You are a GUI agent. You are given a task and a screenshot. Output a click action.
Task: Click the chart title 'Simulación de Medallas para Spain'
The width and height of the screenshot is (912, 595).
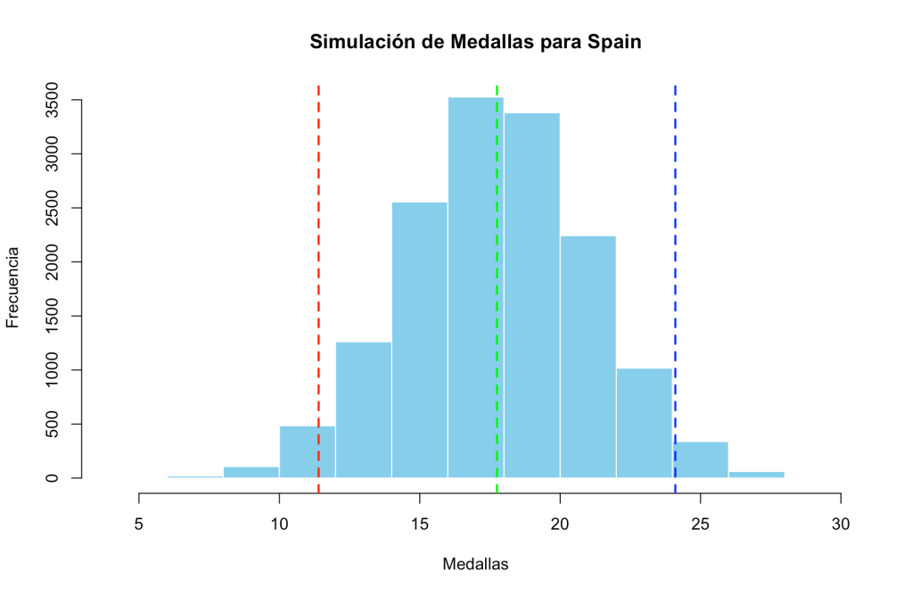coord(475,42)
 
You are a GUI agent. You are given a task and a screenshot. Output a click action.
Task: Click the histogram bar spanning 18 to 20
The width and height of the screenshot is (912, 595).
coord(532,295)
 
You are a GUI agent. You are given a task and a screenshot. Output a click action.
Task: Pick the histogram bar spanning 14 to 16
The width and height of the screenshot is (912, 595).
coord(419,340)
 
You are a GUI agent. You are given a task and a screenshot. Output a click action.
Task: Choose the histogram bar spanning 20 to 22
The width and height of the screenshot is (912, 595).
coord(587,357)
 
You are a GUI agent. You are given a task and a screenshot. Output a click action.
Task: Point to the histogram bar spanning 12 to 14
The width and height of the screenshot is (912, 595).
coord(363,409)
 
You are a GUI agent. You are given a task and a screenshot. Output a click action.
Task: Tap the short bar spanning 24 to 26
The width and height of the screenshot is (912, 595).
coord(702,459)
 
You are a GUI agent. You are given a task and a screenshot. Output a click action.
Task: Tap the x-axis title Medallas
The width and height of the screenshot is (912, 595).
coord(475,564)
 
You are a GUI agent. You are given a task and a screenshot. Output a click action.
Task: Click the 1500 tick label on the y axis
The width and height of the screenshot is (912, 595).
coord(53,316)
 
